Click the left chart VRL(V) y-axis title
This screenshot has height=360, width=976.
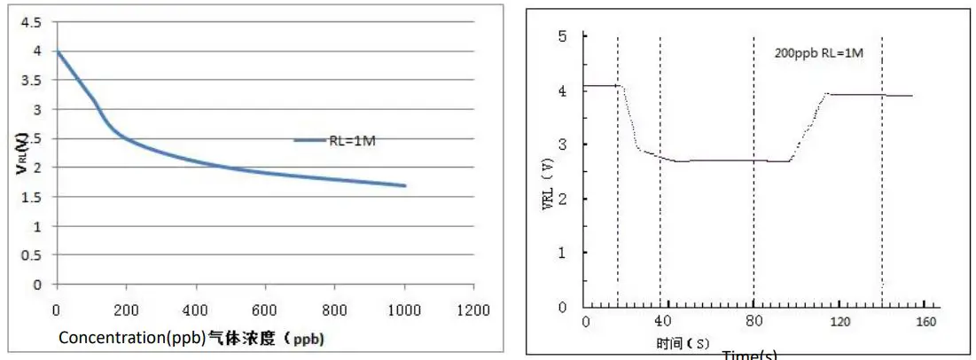point(20,153)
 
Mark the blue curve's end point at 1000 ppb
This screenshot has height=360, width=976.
point(405,185)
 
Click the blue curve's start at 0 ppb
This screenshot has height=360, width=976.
point(58,51)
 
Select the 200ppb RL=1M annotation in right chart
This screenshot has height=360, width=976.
point(819,53)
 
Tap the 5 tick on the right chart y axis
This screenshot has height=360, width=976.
point(561,36)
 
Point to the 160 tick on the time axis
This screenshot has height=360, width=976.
point(925,320)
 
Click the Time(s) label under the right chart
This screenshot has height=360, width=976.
point(749,354)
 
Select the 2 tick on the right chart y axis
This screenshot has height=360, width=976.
point(561,199)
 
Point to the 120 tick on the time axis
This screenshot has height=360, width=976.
point(839,320)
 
